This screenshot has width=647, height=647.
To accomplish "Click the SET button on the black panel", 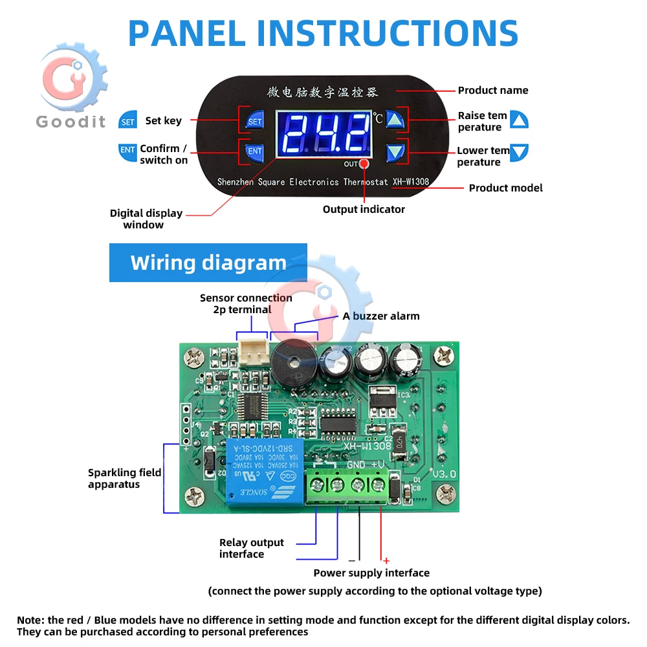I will click(x=255, y=121).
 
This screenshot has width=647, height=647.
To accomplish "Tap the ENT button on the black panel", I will click(x=255, y=151).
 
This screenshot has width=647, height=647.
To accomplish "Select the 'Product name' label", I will click(x=493, y=91).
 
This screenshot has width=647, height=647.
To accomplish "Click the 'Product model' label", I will click(x=505, y=188).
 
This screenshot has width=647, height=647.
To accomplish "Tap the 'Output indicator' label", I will click(x=364, y=210).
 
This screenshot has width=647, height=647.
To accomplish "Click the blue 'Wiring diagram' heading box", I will click(x=208, y=263).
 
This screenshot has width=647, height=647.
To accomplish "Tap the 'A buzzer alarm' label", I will click(x=381, y=316).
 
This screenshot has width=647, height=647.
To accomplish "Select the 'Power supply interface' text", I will click(x=371, y=573).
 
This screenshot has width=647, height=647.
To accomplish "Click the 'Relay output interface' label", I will click(x=251, y=549).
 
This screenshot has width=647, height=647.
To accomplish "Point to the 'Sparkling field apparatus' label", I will click(x=124, y=479).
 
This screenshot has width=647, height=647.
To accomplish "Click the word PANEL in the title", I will click(x=192, y=34).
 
